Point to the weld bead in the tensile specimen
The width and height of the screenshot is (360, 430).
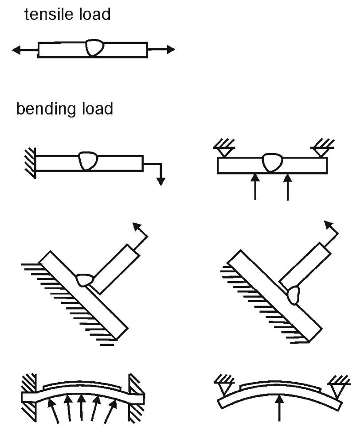[x=95, y=48]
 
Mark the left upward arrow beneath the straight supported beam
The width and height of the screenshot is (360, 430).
[x=255, y=186]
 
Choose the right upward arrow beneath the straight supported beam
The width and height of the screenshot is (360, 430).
[x=288, y=186]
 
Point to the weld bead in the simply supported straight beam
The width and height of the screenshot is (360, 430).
[x=272, y=163]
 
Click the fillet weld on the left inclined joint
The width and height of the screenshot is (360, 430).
[x=85, y=280]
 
